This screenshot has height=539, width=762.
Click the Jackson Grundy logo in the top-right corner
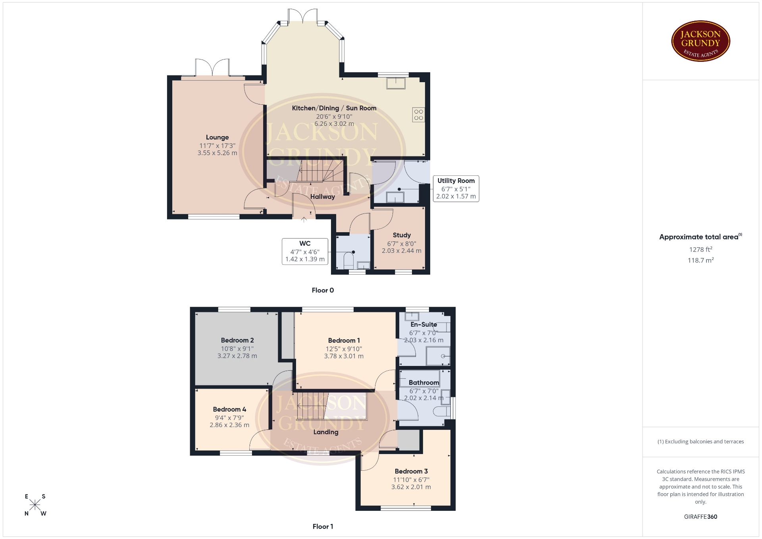coord(700,41)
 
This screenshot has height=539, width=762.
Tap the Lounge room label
coord(217,137)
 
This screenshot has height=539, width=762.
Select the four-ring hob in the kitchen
coord(419,115)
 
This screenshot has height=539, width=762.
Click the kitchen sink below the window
coord(396,83)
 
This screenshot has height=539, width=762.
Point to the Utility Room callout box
coord(456,189)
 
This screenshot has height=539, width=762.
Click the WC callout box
coord(305,251)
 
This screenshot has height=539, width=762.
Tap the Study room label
coord(402,235)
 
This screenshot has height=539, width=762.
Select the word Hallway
coord(323,196)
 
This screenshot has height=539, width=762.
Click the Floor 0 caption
coord(323,290)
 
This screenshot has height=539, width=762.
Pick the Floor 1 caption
coord(323,526)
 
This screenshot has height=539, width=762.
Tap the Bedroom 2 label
coord(237,340)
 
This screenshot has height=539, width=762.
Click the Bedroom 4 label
coord(229,409)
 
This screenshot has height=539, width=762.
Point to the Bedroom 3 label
coord(411,471)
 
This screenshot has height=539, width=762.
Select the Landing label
coord(326,432)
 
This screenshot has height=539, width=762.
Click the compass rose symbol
coord(35,505)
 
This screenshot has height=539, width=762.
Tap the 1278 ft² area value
coord(700,249)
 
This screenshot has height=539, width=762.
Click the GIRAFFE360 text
coord(700,516)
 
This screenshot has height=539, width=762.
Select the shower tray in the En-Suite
coord(438,356)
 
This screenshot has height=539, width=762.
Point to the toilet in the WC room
coord(348,261)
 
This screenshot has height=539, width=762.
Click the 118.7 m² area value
coord(700,260)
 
